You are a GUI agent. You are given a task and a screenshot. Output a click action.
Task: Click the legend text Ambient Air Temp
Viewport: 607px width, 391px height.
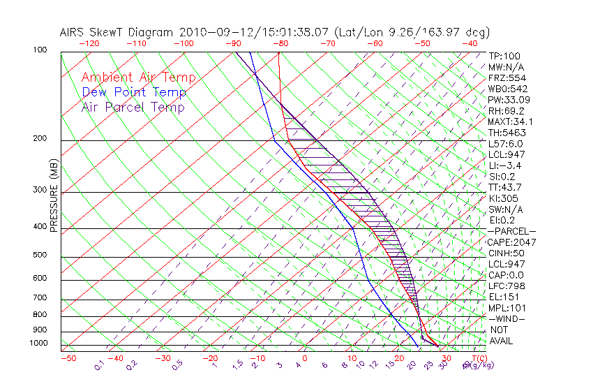(139, 78)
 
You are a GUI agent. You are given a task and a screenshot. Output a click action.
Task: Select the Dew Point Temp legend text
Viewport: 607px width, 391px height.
(134, 92)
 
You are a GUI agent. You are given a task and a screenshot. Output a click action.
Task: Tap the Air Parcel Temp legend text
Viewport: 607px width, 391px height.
(133, 107)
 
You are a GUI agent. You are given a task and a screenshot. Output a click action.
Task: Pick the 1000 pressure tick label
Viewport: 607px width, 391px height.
(39, 343)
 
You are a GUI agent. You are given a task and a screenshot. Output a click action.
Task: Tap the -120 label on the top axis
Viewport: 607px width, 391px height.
(89, 43)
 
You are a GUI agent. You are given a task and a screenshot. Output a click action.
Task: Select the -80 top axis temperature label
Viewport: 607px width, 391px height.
(280, 43)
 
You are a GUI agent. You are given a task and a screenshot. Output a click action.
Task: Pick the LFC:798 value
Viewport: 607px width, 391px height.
(505, 286)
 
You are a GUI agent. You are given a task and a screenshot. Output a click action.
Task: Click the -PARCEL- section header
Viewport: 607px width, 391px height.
(511, 231)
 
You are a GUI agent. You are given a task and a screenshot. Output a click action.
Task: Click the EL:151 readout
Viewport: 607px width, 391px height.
(502, 297)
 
